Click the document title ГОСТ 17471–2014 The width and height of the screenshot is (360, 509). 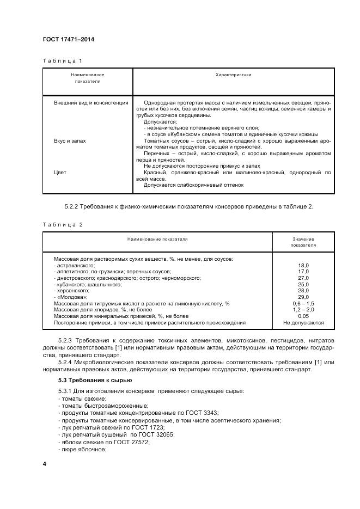[x=69, y=40]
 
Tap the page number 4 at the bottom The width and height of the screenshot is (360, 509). [x=45, y=464]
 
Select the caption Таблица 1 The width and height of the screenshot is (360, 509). [x=62, y=60]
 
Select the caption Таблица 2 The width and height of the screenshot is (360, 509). [x=62, y=224]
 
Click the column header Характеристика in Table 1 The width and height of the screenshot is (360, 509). [x=233, y=75]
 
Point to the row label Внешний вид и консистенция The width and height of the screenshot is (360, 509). [x=91, y=102]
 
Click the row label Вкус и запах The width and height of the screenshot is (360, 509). [x=70, y=141]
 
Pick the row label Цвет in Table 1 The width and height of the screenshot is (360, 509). [x=60, y=173]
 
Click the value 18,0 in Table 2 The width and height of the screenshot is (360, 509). [x=303, y=265]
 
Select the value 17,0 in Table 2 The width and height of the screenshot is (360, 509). [x=303, y=272]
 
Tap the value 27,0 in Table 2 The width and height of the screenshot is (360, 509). [x=303, y=278]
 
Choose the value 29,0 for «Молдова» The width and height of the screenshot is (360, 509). [x=303, y=297]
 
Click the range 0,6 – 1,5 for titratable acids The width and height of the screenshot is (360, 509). [x=303, y=303]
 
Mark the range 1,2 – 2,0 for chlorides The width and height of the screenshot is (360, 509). [x=303, y=310]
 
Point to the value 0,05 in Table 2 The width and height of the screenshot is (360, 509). [x=303, y=316]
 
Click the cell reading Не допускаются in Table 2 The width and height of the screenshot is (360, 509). [x=303, y=323]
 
